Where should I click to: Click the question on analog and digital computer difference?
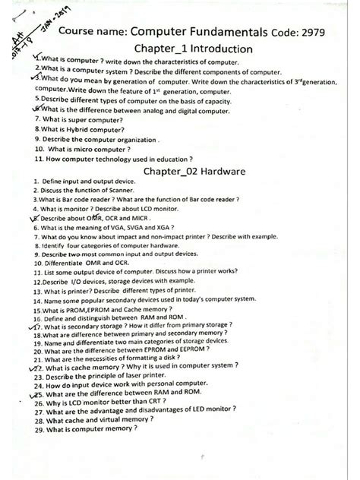(x=129, y=109)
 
